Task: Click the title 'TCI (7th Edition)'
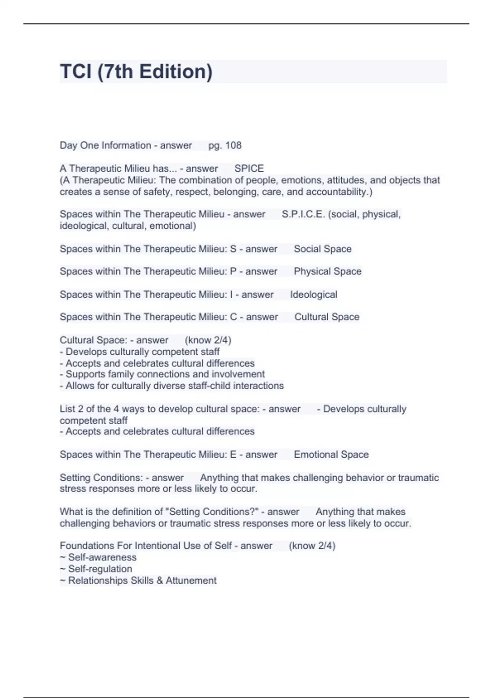(x=136, y=71)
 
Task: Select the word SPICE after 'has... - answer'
(x=249, y=168)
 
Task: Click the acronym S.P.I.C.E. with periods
(x=303, y=214)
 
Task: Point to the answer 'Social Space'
(x=323, y=249)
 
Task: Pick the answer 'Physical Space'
(x=327, y=271)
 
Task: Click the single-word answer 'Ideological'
(x=313, y=294)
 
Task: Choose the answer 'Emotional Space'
(x=331, y=455)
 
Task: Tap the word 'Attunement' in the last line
(x=191, y=580)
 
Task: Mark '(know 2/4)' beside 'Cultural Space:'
(x=208, y=340)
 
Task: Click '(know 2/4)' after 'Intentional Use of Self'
(x=312, y=546)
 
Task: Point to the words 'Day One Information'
(x=105, y=145)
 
